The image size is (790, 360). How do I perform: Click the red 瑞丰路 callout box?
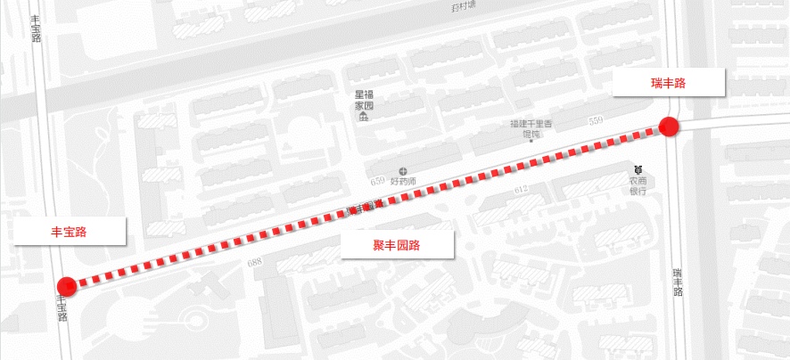(x=667, y=83)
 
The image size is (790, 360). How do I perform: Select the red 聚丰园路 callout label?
(x=397, y=245)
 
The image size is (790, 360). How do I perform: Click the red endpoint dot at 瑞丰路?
(x=669, y=127)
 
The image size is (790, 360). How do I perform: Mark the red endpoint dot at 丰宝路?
(x=67, y=286)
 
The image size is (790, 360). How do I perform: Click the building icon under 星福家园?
(x=364, y=118)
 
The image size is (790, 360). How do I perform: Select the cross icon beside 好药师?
(x=403, y=169)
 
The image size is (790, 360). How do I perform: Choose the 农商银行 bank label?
(x=638, y=184)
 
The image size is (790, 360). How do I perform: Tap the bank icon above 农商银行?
(x=638, y=168)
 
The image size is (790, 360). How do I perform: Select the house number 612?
(x=523, y=190)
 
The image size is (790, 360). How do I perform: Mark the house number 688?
(x=256, y=262)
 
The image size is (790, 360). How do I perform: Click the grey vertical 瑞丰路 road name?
(x=678, y=282)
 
